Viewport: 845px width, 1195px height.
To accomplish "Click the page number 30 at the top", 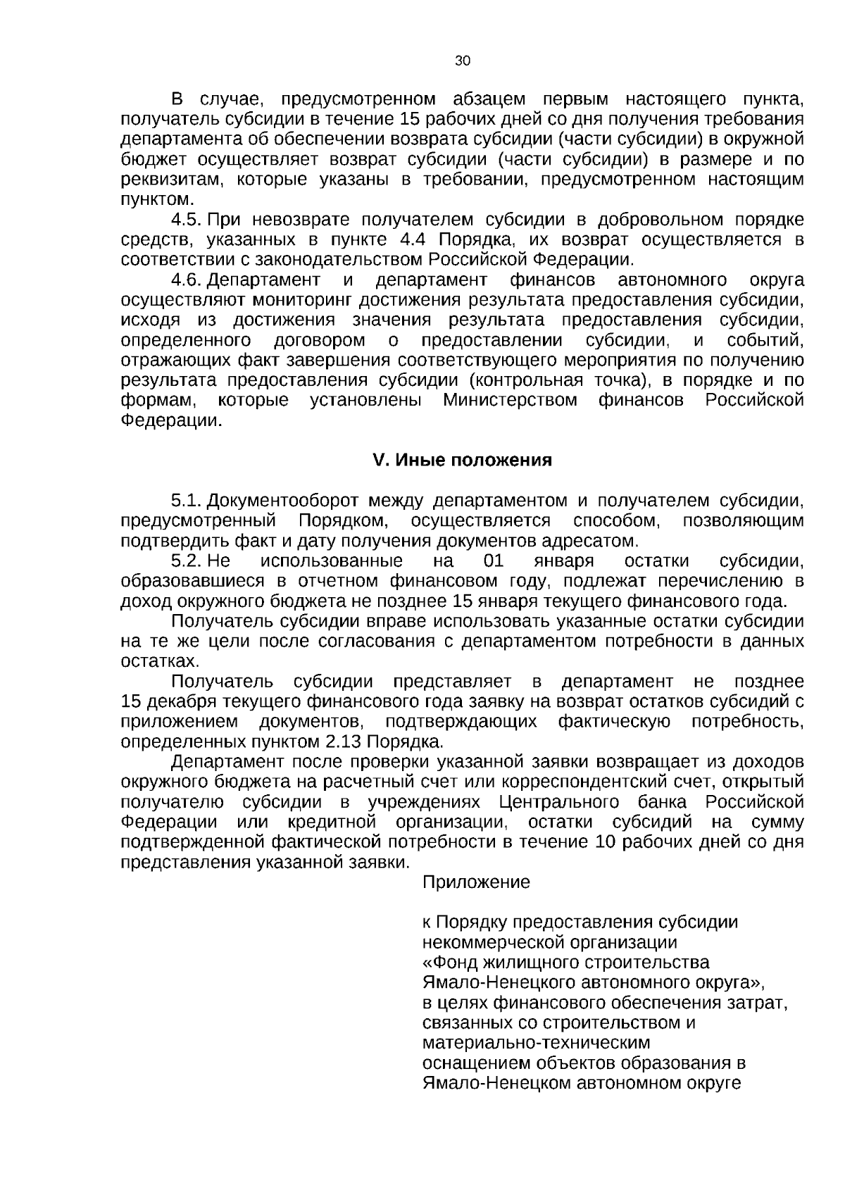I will tap(463, 61).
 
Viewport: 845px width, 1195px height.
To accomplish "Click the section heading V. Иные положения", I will tap(462, 461).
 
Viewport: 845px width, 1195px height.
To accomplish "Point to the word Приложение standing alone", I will tap(476, 882).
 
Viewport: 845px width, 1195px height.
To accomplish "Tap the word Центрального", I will tap(560, 803).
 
